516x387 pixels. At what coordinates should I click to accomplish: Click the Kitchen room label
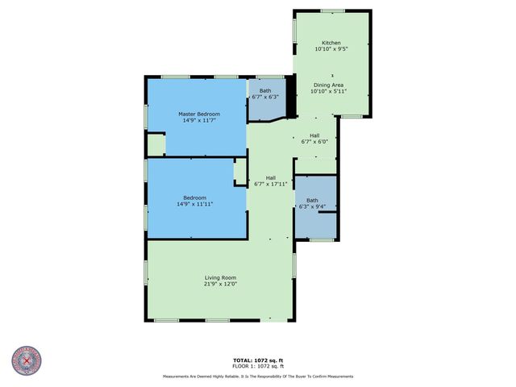[331, 43]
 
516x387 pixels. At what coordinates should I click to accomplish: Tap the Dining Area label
[329, 84]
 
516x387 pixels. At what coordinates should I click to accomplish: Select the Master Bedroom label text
[198, 114]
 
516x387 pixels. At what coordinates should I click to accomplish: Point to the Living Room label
[219, 277]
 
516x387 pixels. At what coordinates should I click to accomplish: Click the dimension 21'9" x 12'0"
[219, 284]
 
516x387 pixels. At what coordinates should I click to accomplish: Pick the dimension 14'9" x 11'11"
[194, 205]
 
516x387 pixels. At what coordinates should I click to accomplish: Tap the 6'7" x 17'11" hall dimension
[271, 185]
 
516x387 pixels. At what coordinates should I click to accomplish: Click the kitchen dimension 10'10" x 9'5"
[331, 50]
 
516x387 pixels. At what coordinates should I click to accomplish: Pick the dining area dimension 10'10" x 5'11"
[329, 91]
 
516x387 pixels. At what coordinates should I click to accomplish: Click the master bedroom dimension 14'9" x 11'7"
[198, 122]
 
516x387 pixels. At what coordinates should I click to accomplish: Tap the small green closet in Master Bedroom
[156, 145]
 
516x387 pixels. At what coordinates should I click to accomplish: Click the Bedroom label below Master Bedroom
[194, 198]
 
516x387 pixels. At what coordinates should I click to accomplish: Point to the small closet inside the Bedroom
[239, 173]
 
